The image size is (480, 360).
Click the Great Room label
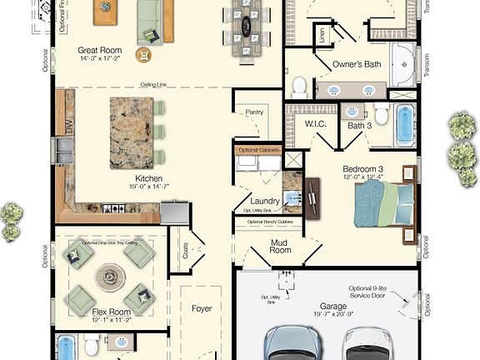[99, 50]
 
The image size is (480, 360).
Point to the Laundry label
[264, 201]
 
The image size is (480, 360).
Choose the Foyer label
[202, 308]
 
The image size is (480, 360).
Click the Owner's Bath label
[357, 64]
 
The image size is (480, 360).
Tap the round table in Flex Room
[110, 275]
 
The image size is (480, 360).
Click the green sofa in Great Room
[150, 20]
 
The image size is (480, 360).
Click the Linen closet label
[322, 36]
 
